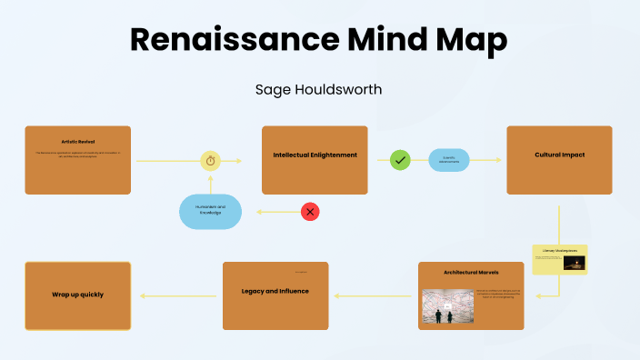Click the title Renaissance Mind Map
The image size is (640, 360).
(x=319, y=41)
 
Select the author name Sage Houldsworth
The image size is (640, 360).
(x=319, y=90)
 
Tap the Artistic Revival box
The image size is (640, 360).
(x=77, y=160)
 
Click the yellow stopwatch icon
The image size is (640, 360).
(x=211, y=160)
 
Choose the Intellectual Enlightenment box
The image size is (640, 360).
(x=315, y=160)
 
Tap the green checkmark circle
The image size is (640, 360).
(x=400, y=160)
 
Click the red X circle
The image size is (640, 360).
(x=310, y=212)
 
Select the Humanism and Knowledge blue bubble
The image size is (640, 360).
(x=211, y=212)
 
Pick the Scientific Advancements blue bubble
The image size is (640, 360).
(x=449, y=160)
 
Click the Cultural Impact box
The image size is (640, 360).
(x=559, y=160)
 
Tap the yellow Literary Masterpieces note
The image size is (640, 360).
(x=560, y=260)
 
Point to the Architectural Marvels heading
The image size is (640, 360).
(x=471, y=272)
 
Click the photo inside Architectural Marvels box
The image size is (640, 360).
(x=448, y=306)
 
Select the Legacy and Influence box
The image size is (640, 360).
(x=275, y=295)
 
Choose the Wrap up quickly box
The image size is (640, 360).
(x=77, y=295)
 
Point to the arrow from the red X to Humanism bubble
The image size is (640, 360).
(x=277, y=212)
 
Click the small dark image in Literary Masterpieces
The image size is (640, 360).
(x=574, y=263)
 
